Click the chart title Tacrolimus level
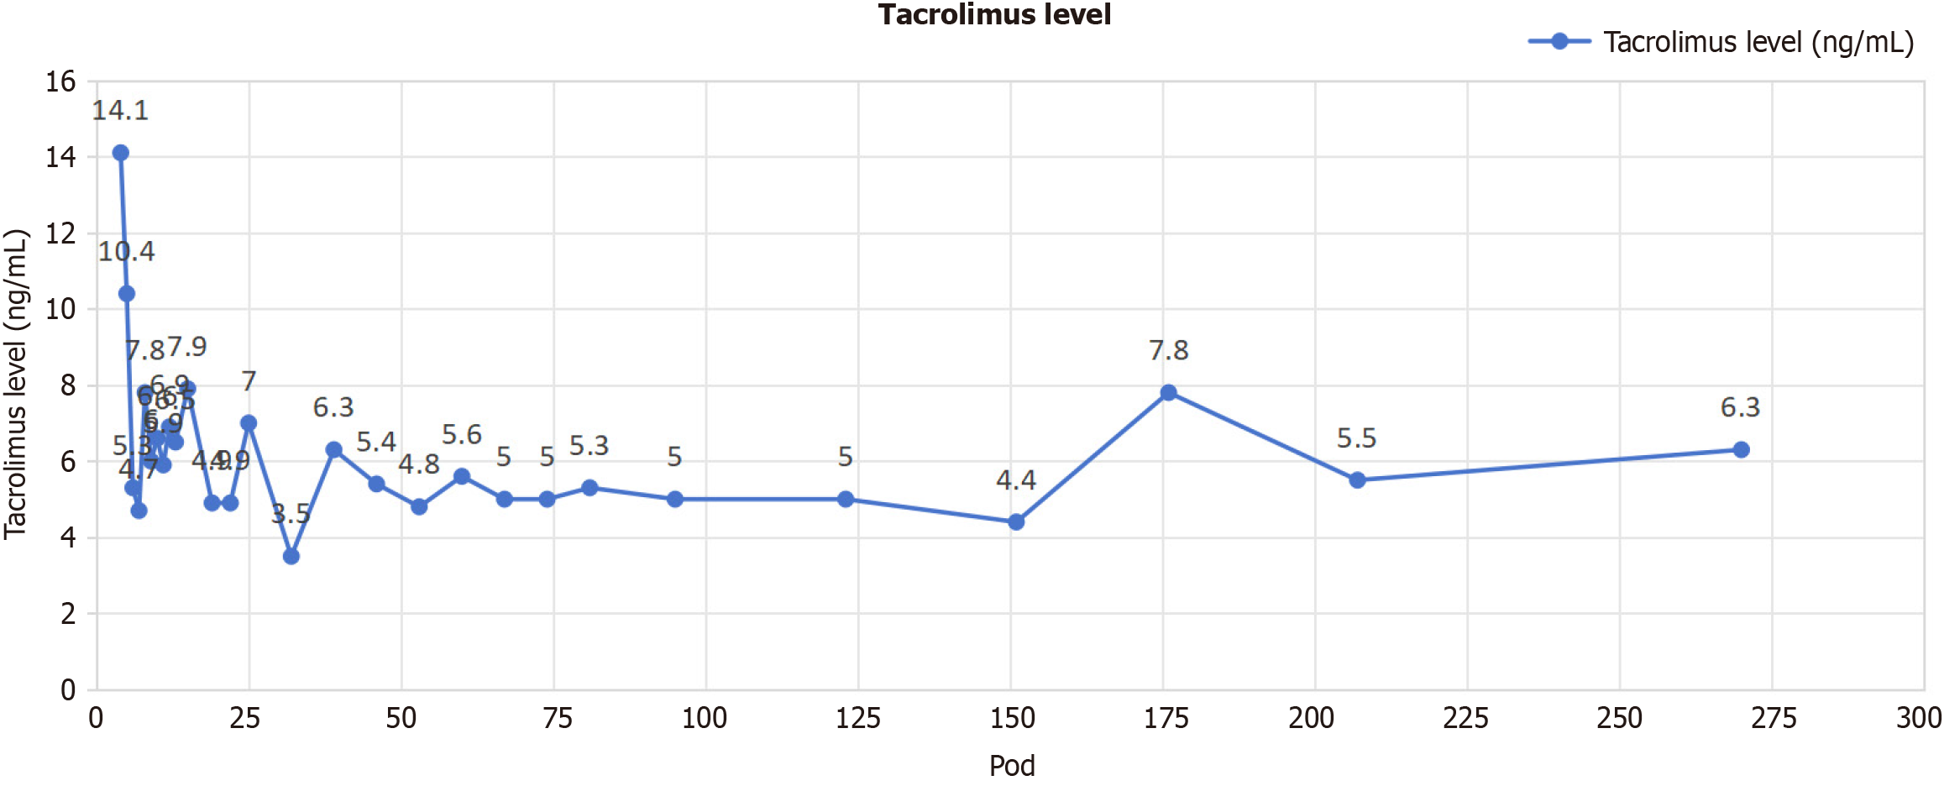[994, 15]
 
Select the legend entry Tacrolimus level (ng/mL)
[1758, 42]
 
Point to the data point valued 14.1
[120, 153]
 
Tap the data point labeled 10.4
[127, 293]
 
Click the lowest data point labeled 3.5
[291, 556]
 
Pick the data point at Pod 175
[1168, 392]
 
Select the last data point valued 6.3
[1741, 449]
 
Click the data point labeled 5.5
[1357, 480]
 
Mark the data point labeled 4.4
[1016, 521]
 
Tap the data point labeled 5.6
[461, 476]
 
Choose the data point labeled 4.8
[419, 506]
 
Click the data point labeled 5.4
[376, 484]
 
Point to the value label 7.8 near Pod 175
[1168, 350]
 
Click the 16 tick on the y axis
[60, 81]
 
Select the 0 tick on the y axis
[68, 690]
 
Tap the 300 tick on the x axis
[1918, 718]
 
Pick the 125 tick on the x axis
[857, 718]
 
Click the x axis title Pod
[1011, 765]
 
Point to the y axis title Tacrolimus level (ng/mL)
[17, 384]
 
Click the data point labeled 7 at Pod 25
[249, 422]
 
